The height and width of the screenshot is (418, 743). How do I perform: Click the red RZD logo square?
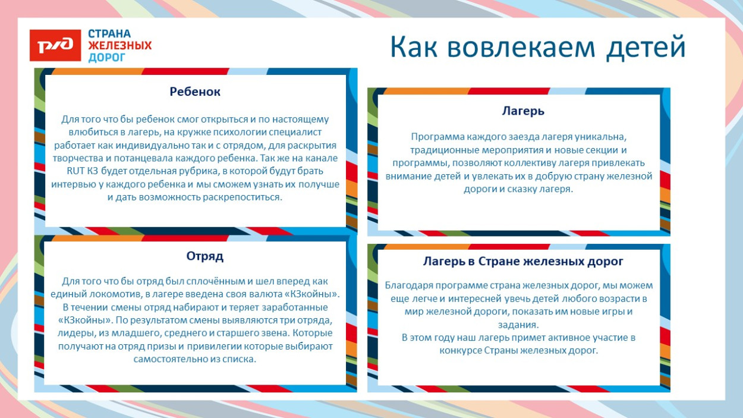pos(55,45)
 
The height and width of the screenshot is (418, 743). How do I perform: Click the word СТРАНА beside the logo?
pos(109,34)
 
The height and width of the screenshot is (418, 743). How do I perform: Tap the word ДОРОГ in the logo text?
pos(107,58)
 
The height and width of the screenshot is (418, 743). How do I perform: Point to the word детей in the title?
pos(646,47)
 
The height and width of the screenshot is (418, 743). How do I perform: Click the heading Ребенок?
pos(195,92)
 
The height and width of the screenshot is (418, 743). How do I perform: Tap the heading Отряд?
pos(204,256)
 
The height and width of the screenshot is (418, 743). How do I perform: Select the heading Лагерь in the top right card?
pos(523,111)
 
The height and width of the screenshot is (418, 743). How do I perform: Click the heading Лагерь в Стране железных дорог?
pos(523,261)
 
